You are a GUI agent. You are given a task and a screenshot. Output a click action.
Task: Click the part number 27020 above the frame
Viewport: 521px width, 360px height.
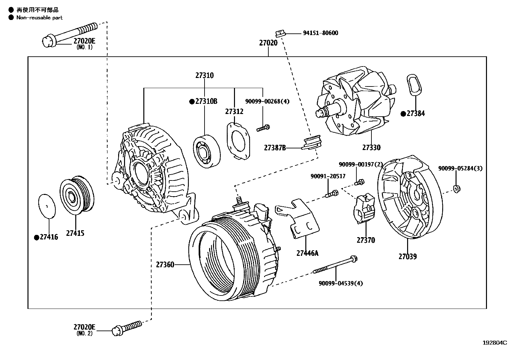pyautogui.click(x=268, y=43)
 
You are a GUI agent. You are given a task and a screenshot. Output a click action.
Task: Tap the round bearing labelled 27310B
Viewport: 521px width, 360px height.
pyautogui.click(x=206, y=151)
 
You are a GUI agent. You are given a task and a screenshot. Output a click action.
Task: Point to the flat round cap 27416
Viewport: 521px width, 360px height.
pyautogui.click(x=47, y=206)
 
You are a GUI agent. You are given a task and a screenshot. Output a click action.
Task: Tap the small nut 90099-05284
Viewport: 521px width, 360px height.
pyautogui.click(x=457, y=188)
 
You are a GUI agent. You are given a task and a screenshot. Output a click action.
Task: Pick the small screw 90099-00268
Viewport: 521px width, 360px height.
pyautogui.click(x=263, y=128)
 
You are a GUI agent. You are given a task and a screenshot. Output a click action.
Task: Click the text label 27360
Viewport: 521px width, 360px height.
pyautogui.click(x=165, y=264)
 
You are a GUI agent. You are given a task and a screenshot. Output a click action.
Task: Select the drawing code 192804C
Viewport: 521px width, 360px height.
pyautogui.click(x=495, y=343)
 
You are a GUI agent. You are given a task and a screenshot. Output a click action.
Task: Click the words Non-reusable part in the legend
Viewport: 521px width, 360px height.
pyautogui.click(x=39, y=18)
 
